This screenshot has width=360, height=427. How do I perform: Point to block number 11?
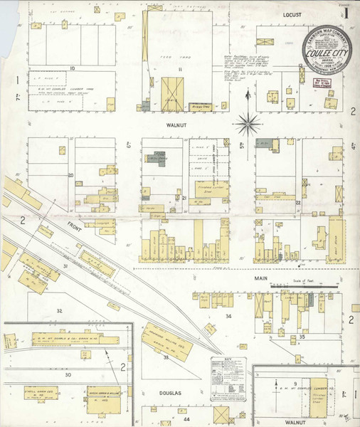pyautogui.click(x=181, y=69)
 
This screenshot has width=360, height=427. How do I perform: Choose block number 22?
pyautogui.click(x=298, y=202)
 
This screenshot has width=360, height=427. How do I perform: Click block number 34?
pyautogui.click(x=228, y=315)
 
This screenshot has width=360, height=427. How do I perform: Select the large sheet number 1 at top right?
pyautogui.click(x=345, y=14)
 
